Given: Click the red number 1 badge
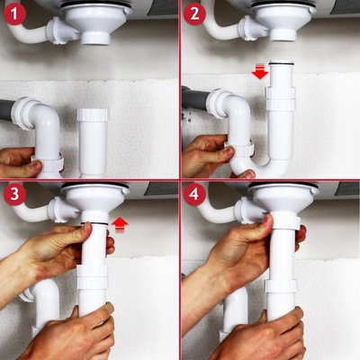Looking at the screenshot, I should tap(14, 14).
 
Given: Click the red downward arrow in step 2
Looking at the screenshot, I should tap(260, 72).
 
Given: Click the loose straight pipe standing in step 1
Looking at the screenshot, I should tap(94, 140).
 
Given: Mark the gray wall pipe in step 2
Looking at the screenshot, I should tap(191, 97).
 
